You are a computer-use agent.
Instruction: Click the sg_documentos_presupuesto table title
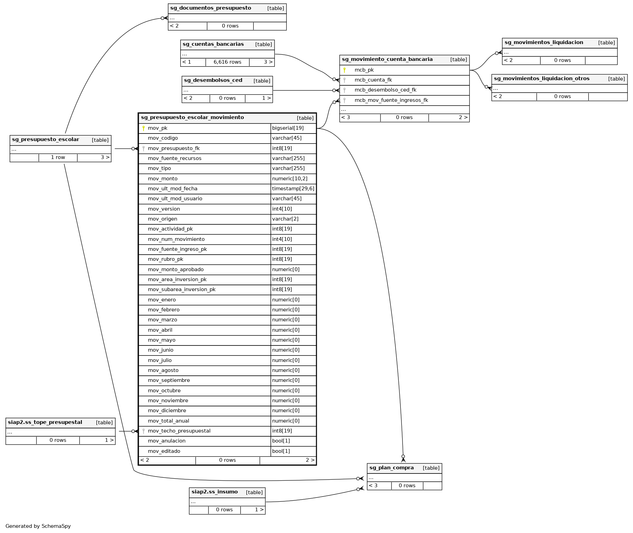click(211, 8)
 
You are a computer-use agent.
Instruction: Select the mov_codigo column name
click(163, 138)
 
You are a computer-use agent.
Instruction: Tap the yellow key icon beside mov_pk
click(143, 128)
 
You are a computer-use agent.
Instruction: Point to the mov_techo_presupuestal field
click(179, 431)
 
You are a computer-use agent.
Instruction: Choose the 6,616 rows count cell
click(227, 62)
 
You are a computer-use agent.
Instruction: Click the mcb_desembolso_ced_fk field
click(385, 90)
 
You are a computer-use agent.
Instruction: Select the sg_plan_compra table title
click(391, 468)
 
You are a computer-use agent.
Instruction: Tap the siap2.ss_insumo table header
click(215, 492)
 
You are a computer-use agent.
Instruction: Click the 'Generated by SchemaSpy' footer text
click(38, 526)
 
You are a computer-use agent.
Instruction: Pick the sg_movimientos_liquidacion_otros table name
click(541, 79)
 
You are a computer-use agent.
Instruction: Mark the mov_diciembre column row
click(167, 411)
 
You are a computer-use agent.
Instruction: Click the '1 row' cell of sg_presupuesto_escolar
click(58, 158)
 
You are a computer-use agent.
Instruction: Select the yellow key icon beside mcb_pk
click(344, 70)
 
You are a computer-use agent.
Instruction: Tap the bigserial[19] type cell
click(288, 128)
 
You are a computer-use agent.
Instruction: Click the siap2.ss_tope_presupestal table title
click(45, 423)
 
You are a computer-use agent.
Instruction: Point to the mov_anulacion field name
click(167, 441)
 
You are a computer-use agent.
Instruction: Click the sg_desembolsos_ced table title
click(213, 81)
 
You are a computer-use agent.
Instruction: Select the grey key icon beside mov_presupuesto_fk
click(143, 149)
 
